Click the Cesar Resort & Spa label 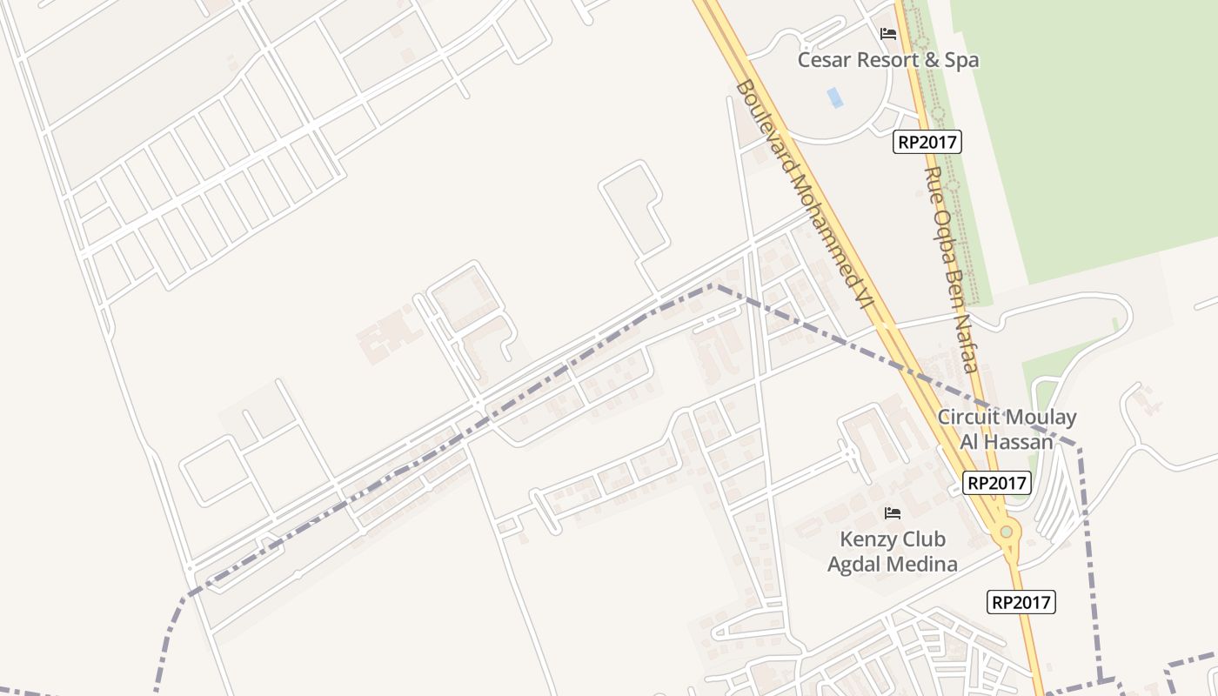pyautogui.click(x=888, y=60)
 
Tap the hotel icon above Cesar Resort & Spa pyautogui.click(x=888, y=34)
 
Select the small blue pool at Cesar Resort pyautogui.click(x=835, y=97)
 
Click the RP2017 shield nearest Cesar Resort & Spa pyautogui.click(x=927, y=142)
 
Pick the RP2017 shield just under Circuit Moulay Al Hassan pyautogui.click(x=997, y=483)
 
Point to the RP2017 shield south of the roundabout pyautogui.click(x=1021, y=602)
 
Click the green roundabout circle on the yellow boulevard pyautogui.click(x=1007, y=532)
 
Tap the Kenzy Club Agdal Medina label pyautogui.click(x=893, y=552)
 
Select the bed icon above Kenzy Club pyautogui.click(x=893, y=513)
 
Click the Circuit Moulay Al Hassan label pyautogui.click(x=1007, y=429)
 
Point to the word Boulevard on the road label pyautogui.click(x=763, y=128)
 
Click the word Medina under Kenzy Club pyautogui.click(x=924, y=564)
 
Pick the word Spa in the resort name pyautogui.click(x=962, y=60)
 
